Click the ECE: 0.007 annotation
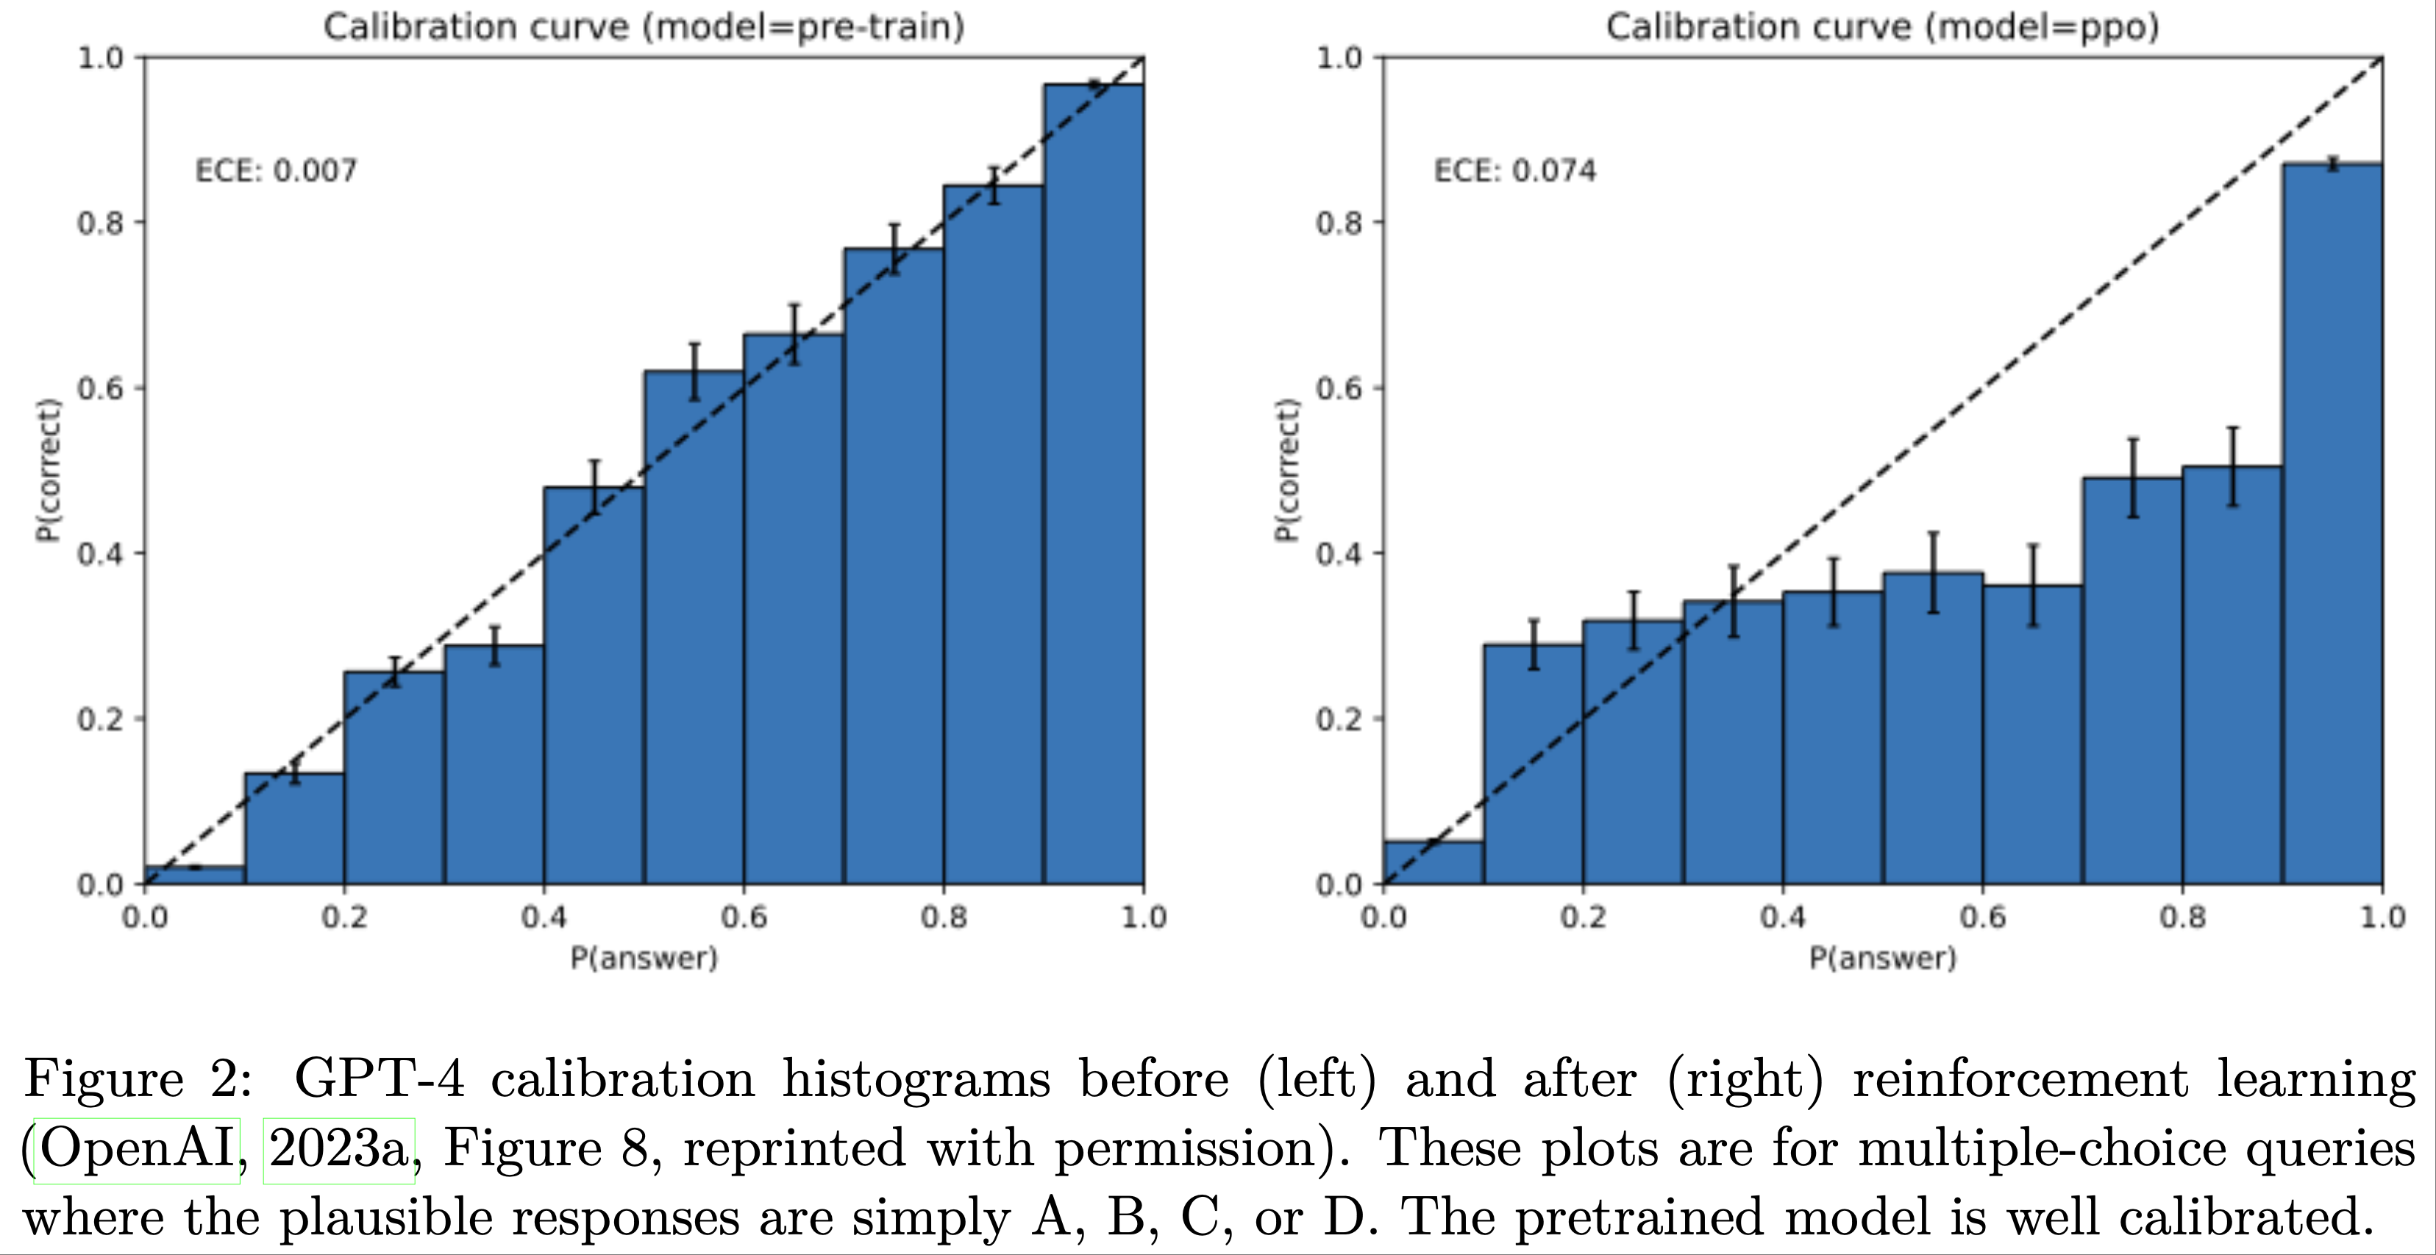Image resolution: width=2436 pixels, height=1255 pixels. (276, 171)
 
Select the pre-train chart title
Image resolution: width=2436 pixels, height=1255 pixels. (644, 26)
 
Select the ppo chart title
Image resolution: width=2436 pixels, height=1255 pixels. (1882, 26)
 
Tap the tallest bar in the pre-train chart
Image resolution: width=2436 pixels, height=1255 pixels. (1094, 483)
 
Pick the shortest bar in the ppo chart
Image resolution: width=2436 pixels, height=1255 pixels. (1433, 862)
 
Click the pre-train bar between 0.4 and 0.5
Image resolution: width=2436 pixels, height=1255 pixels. (594, 685)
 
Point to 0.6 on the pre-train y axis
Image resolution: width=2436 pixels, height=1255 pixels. (100, 388)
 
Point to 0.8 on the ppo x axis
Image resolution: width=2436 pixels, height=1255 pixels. (2182, 917)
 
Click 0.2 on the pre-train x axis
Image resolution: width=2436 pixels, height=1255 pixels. (344, 917)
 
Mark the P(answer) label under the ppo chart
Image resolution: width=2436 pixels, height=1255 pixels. (1882, 958)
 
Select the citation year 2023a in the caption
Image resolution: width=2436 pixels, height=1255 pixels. (338, 1149)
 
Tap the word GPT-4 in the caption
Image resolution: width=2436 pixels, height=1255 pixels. (380, 1078)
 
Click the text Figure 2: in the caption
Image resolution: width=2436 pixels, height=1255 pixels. (138, 1078)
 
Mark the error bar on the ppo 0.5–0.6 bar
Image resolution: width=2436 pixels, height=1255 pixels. (1934, 572)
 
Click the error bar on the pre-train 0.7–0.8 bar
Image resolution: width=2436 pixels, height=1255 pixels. (894, 249)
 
